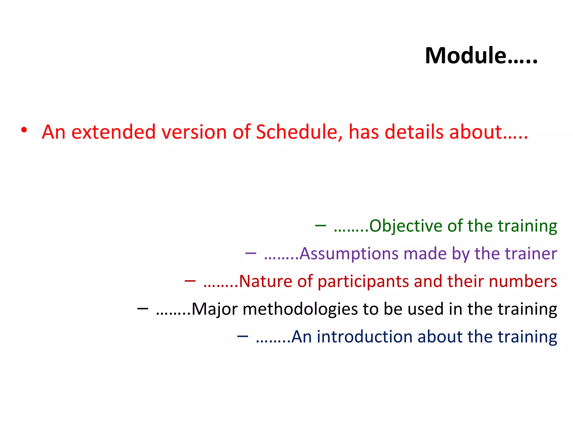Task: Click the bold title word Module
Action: (466, 55)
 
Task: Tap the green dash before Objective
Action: (320, 225)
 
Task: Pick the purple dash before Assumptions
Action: (250, 253)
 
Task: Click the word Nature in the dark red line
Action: (265, 281)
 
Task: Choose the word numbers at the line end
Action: (523, 281)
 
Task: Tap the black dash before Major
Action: (143, 309)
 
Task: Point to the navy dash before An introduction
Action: (242, 336)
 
